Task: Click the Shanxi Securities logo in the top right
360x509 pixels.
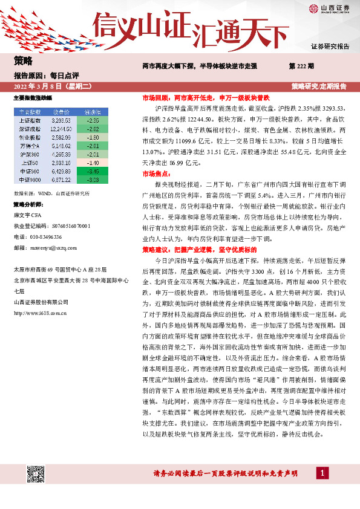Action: coord(329,8)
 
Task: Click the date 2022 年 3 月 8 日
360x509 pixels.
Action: coord(40,86)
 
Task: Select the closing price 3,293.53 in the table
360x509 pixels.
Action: coord(61,121)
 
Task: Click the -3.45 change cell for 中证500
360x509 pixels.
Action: coord(92,172)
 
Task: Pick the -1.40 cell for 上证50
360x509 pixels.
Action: coord(92,163)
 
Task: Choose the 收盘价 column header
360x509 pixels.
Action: coord(61,112)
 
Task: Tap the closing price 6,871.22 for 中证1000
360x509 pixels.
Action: coord(61,180)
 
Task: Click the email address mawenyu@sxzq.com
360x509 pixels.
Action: coord(45,248)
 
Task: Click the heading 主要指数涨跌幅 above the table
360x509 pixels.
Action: coord(33,97)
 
